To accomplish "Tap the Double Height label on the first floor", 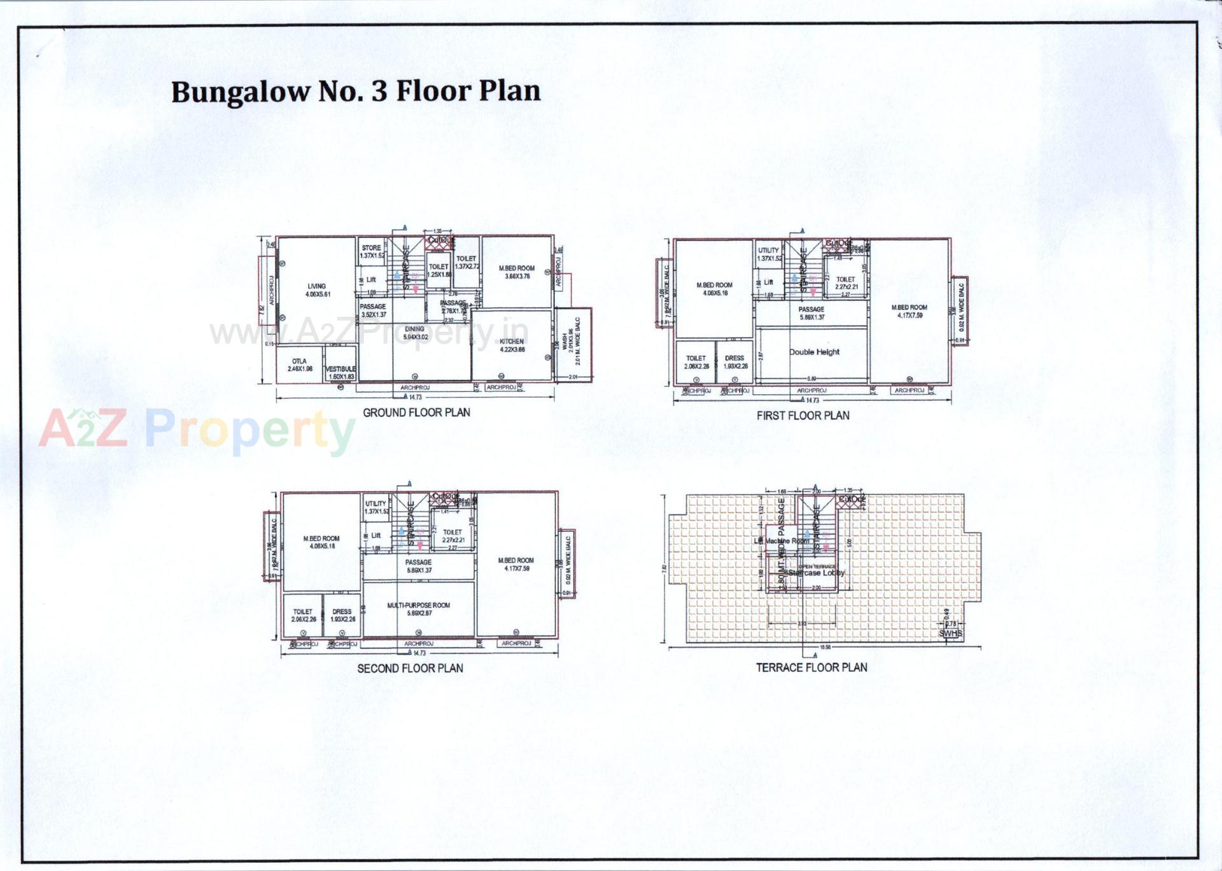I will coord(814,352).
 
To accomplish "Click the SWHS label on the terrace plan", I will coord(951,633).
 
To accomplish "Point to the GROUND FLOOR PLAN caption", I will coord(416,412).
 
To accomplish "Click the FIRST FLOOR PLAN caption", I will coord(803,415).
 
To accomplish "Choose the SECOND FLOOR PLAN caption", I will coord(410,668).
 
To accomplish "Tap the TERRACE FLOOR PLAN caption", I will coord(811,667).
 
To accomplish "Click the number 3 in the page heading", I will coord(379,91).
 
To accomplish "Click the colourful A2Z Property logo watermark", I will coord(197,429).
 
